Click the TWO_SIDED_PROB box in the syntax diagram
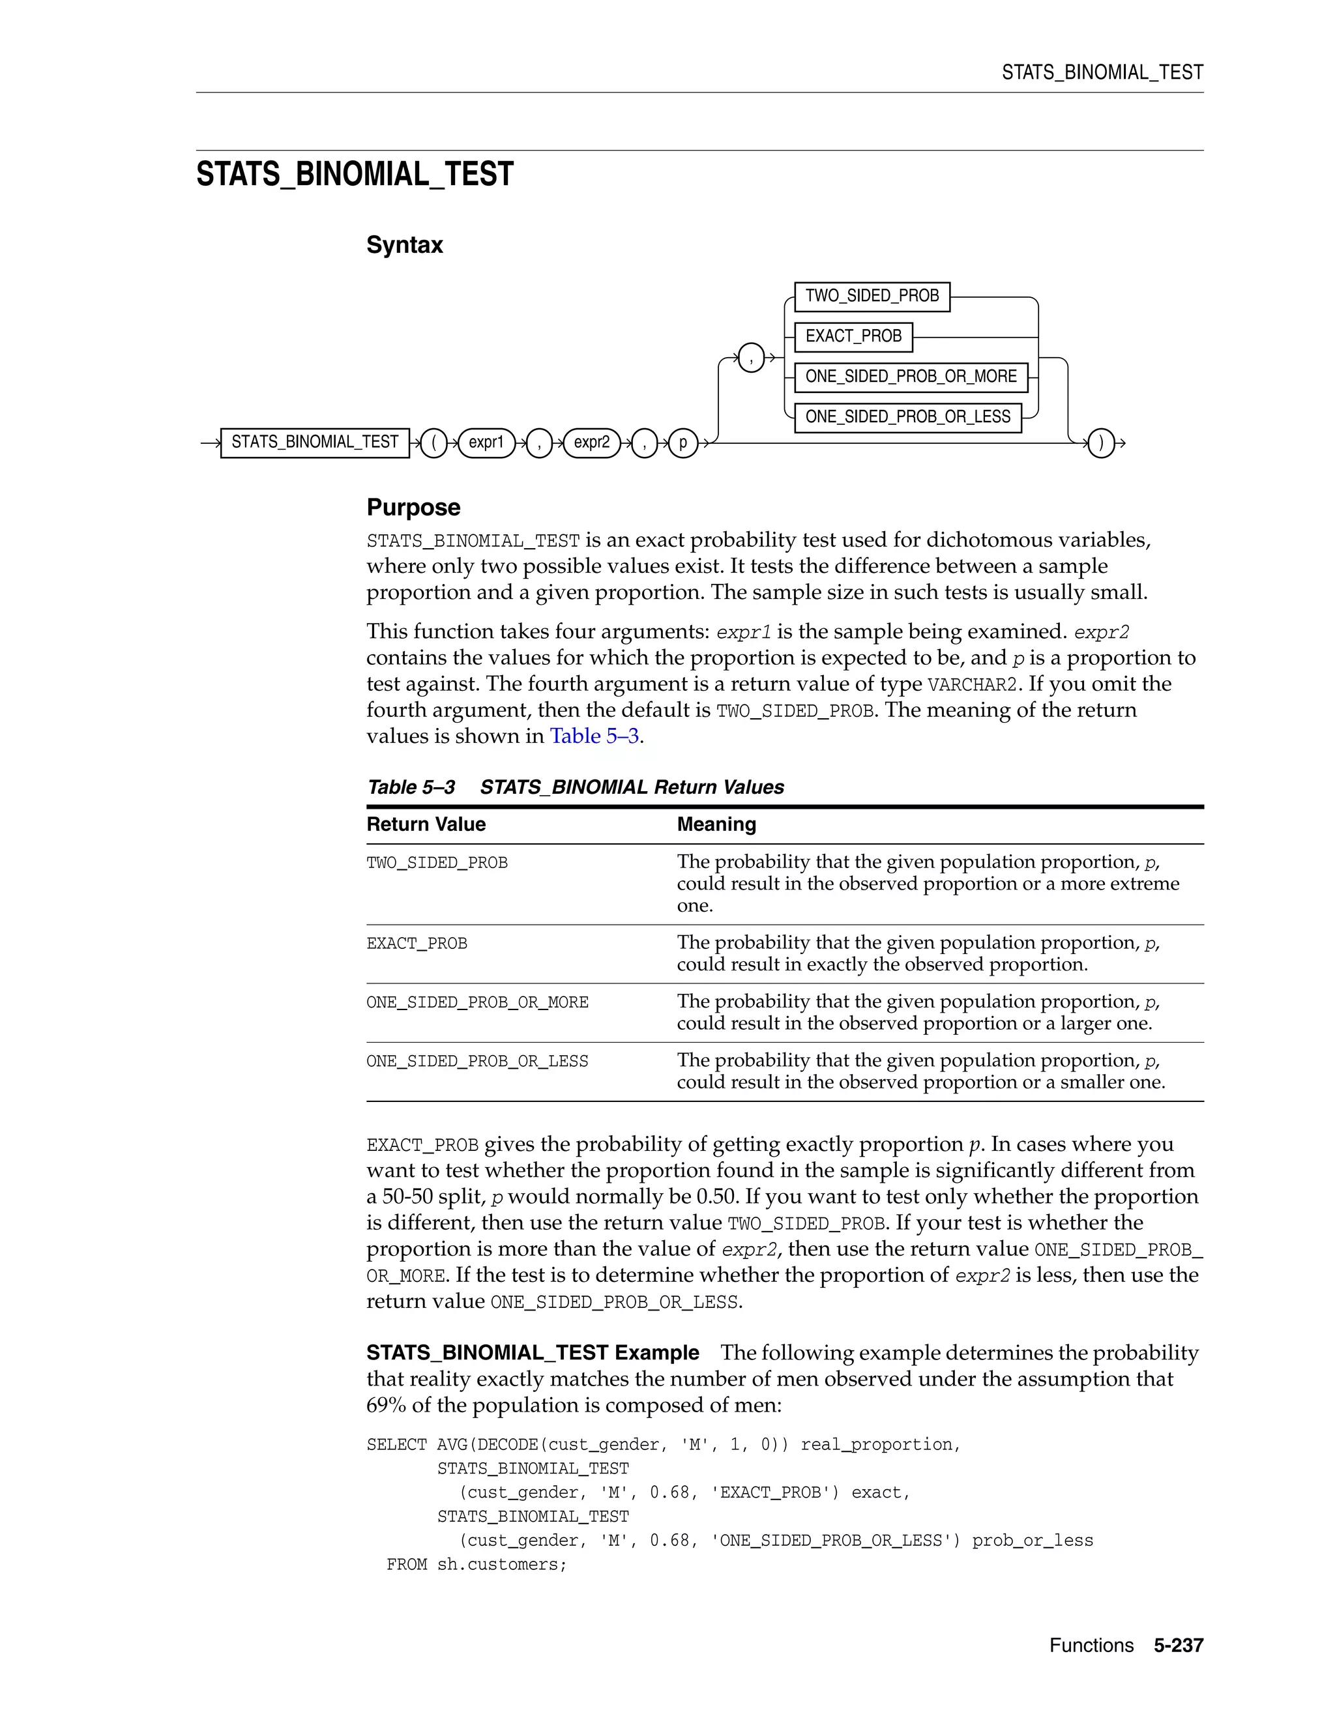click(x=872, y=297)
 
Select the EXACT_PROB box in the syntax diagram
click(x=853, y=337)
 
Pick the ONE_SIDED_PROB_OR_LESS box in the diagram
click(x=907, y=418)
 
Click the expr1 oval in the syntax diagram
click(x=486, y=443)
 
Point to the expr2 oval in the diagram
click(x=592, y=443)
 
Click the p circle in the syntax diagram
click(x=683, y=443)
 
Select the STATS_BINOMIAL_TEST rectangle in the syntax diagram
click(x=315, y=443)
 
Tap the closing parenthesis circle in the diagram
click(x=1101, y=443)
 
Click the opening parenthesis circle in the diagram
click(x=433, y=443)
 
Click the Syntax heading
click(x=404, y=245)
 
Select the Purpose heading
click(x=413, y=508)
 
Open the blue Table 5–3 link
click(x=594, y=736)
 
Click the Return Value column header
click(x=426, y=825)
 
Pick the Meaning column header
click(x=716, y=825)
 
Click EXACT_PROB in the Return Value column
click(x=417, y=944)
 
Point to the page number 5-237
click(x=1178, y=1646)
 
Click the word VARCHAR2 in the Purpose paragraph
click(x=971, y=685)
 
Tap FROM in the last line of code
click(x=407, y=1565)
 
